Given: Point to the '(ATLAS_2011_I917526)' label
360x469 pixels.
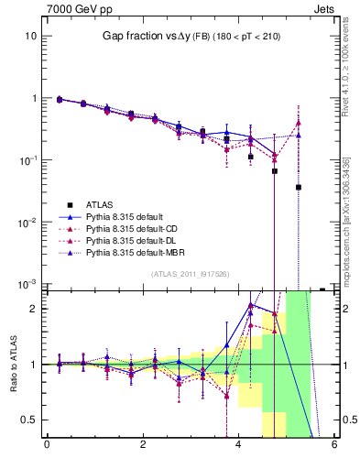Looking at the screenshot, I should click(190, 274).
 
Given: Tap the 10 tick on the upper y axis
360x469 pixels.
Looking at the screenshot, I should click(31, 36).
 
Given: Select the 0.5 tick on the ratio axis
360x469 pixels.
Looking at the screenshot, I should click(28, 420).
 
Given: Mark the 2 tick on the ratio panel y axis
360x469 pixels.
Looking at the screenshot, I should click(34, 309).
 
